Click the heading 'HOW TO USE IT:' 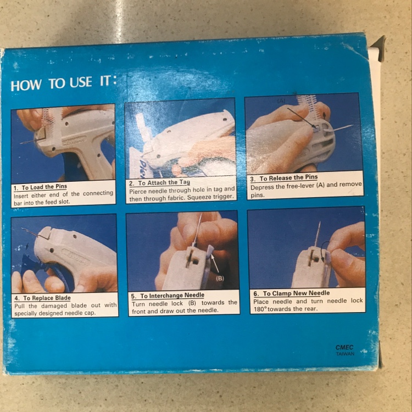(x=64, y=83)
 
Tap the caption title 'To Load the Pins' (x=44, y=187)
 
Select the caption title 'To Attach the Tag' (x=164, y=182)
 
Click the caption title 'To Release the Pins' (x=288, y=178)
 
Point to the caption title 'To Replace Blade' (x=47, y=298)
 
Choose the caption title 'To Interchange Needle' (x=172, y=296)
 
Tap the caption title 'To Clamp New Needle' (x=297, y=293)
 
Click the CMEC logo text (x=344, y=347)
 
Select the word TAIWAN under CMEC (x=346, y=354)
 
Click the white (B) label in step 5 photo (x=220, y=279)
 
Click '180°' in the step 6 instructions (x=260, y=309)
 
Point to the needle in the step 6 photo (x=318, y=234)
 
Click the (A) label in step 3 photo (x=281, y=101)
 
